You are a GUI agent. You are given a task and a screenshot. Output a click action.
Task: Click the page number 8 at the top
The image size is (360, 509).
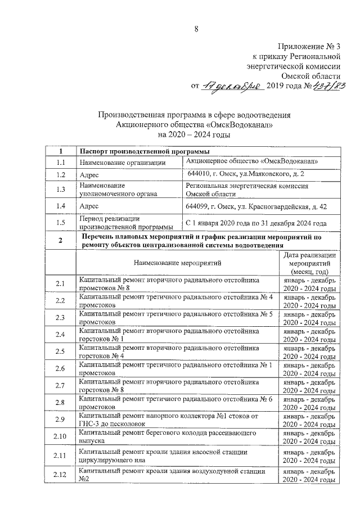point(196,29)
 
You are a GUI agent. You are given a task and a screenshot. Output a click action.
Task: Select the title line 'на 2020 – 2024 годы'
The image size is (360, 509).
point(195,135)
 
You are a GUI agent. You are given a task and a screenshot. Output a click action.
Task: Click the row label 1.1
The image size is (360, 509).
point(60,163)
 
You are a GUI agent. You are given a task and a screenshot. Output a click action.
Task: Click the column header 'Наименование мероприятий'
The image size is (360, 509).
point(177,262)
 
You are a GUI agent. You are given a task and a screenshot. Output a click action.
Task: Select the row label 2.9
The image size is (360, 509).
point(60,420)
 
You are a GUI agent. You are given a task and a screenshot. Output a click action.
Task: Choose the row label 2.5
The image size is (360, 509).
point(60,352)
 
